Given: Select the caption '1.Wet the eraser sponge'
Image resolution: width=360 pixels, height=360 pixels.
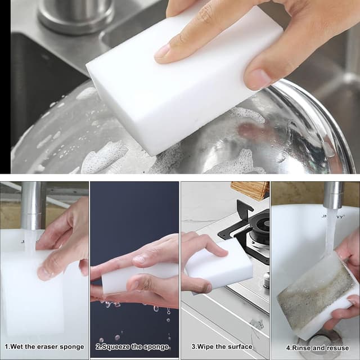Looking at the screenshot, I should coord(44,346).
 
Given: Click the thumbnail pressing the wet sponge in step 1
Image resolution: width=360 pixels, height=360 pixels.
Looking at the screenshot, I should coord(44,273).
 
